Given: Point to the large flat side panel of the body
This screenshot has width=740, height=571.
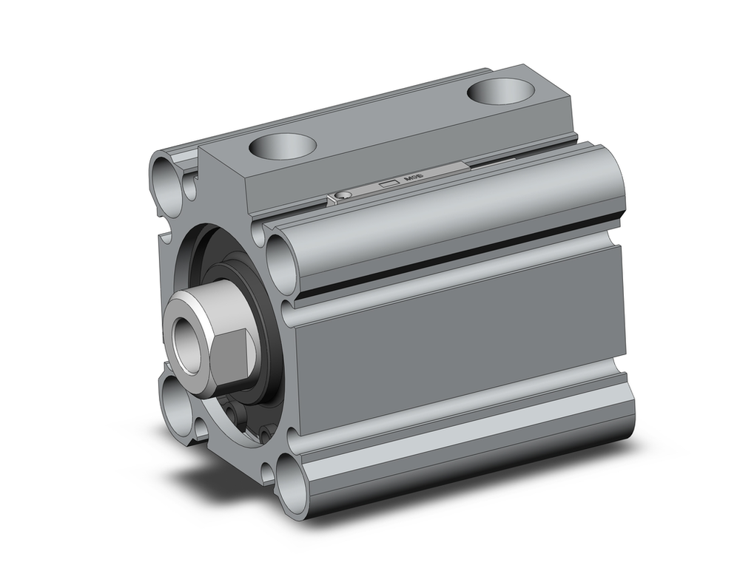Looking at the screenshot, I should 459,340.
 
